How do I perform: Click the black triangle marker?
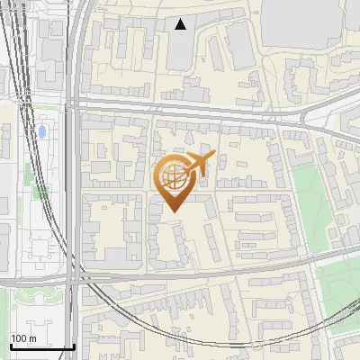182,24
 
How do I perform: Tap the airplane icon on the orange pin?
199,163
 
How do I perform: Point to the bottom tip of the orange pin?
173,212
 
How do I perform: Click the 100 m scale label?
23,337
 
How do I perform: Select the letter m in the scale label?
32,337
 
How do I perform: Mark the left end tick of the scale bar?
10,346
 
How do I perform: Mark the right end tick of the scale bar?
75,346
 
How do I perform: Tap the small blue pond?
41,134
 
